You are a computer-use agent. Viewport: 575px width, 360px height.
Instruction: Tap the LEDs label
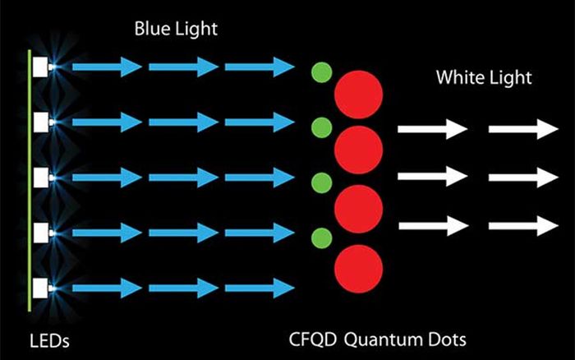(x=49, y=341)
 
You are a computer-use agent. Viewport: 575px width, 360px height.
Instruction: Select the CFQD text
(x=313, y=339)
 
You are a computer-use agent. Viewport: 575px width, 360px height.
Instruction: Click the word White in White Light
(x=459, y=77)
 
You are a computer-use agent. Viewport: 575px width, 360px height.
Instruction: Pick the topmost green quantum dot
(x=322, y=72)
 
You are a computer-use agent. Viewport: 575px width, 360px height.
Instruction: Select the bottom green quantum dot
(x=322, y=238)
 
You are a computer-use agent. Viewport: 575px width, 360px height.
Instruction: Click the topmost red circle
(x=359, y=95)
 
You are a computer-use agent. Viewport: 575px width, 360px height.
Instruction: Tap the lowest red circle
(x=359, y=269)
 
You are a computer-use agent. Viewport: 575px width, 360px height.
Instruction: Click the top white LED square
(x=40, y=67)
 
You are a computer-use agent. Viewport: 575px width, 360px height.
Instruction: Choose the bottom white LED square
(x=40, y=288)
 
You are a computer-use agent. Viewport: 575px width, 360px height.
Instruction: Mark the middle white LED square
(x=40, y=178)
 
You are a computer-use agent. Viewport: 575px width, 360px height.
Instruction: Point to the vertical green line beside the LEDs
(x=30, y=181)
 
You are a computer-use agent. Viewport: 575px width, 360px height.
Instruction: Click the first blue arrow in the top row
(x=107, y=67)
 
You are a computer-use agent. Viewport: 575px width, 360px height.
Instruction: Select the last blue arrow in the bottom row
(x=260, y=288)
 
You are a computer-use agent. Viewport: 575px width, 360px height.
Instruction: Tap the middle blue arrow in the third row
(x=183, y=178)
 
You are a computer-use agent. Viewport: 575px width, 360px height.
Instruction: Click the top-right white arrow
(x=523, y=129)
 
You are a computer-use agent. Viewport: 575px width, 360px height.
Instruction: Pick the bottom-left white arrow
(x=434, y=226)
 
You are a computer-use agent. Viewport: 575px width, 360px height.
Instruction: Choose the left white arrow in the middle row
(x=433, y=176)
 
